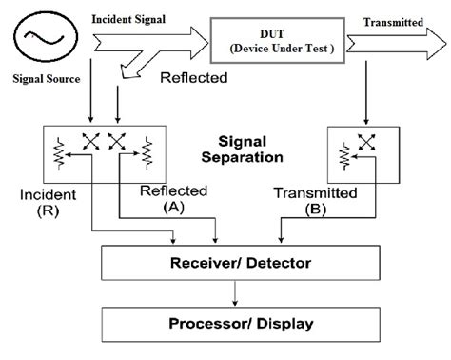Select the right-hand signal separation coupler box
pos(358,152)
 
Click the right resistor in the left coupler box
pos(147,150)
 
